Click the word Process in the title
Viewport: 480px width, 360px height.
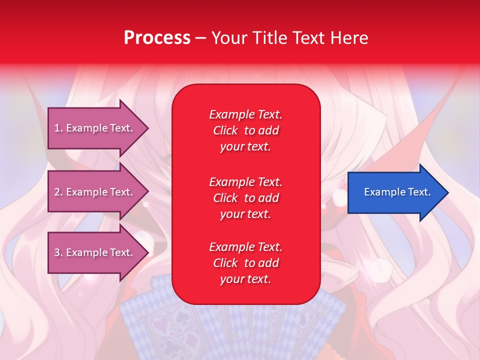[157, 37]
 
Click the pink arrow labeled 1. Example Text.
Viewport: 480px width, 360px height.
[98, 128]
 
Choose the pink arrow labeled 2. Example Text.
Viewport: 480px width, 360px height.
[98, 191]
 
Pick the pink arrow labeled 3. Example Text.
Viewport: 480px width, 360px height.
[98, 252]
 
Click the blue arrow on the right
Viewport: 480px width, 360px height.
[398, 192]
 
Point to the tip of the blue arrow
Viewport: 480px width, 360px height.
[448, 192]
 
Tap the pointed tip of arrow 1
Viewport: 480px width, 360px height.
[148, 128]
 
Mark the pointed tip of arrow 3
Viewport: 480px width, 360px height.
[148, 252]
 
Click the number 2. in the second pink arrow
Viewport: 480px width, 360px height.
[58, 192]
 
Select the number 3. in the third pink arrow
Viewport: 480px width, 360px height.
[58, 252]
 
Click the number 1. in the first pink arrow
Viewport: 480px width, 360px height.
[58, 128]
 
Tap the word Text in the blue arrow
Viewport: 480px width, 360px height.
[419, 192]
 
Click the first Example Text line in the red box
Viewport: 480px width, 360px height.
[246, 114]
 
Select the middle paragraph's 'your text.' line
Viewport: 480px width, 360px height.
[245, 214]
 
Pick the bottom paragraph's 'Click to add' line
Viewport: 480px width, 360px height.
[246, 262]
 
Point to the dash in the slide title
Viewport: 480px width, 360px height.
[201, 38]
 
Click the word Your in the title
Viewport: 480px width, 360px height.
[229, 37]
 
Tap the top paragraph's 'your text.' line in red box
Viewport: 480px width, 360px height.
[245, 146]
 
